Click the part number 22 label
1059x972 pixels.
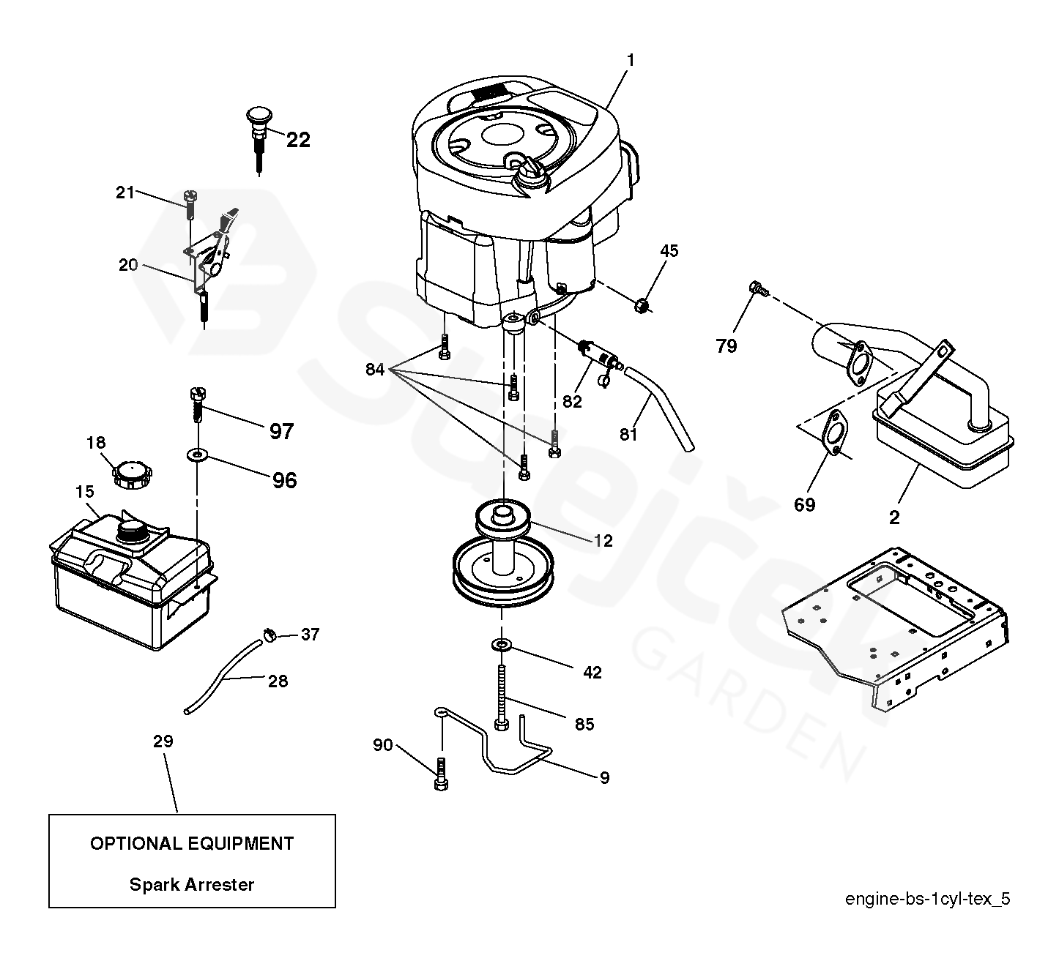298,139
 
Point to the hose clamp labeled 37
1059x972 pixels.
270,634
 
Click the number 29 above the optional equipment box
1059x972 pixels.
163,741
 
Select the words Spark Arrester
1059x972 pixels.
192,884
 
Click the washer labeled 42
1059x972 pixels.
502,645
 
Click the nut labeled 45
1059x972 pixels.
642,304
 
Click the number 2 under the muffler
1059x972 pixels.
893,517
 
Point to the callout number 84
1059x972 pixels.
375,370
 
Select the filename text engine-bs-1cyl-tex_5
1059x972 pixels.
927,899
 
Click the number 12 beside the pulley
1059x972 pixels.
603,541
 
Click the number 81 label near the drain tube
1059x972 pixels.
628,434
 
